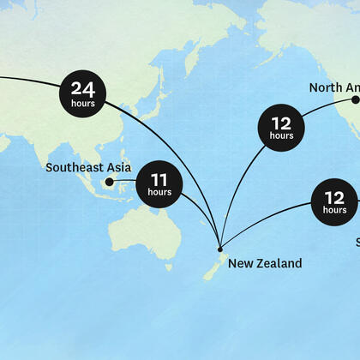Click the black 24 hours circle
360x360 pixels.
[x=83, y=93]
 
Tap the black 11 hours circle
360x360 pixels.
[x=159, y=184]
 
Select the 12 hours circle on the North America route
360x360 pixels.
[x=281, y=128]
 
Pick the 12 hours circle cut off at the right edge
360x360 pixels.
[x=335, y=202]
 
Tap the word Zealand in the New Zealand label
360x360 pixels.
[x=278, y=263]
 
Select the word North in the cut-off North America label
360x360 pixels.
[x=326, y=87]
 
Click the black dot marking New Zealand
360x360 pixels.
[x=220, y=249]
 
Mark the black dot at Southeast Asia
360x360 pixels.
[x=109, y=182]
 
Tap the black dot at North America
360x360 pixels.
[x=355, y=100]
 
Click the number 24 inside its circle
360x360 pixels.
[x=83, y=88]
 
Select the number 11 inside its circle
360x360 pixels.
[x=159, y=180]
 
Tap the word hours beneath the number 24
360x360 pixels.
[x=83, y=103]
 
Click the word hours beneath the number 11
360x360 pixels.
[x=159, y=193]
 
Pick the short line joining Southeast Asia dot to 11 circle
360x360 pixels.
[x=123, y=182]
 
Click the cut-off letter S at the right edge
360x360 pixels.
[x=357, y=243]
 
